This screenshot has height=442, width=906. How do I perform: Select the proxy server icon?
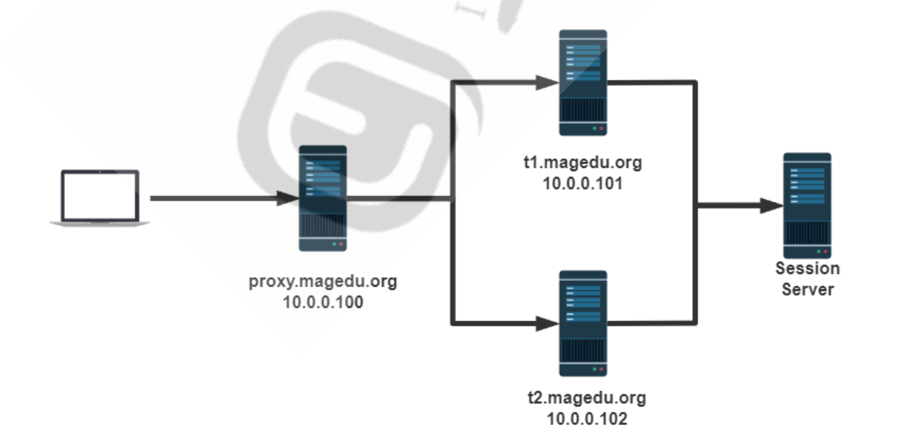pos(323,198)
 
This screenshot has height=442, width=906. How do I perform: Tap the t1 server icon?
pos(583,82)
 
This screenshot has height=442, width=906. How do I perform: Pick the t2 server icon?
pos(583,323)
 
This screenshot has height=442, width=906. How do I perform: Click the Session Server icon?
pos(807,206)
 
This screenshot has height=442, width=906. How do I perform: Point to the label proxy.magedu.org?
pos(323,281)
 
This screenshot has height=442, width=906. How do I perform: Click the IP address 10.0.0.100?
pos(323,302)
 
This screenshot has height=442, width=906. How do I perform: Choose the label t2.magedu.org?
pos(586,397)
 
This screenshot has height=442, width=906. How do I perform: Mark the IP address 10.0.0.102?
pos(586,418)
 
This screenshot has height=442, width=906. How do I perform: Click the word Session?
pos(807,268)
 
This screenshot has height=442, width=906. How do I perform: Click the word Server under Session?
pos(807,289)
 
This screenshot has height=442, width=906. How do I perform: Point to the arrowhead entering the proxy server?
pos(288,199)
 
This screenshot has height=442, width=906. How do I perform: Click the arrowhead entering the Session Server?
pos(773,206)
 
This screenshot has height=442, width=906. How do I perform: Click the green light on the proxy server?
pos(334,243)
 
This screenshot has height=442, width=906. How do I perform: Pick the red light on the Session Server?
pos(825,251)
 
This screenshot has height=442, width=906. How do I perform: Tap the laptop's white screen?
pos(100,196)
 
